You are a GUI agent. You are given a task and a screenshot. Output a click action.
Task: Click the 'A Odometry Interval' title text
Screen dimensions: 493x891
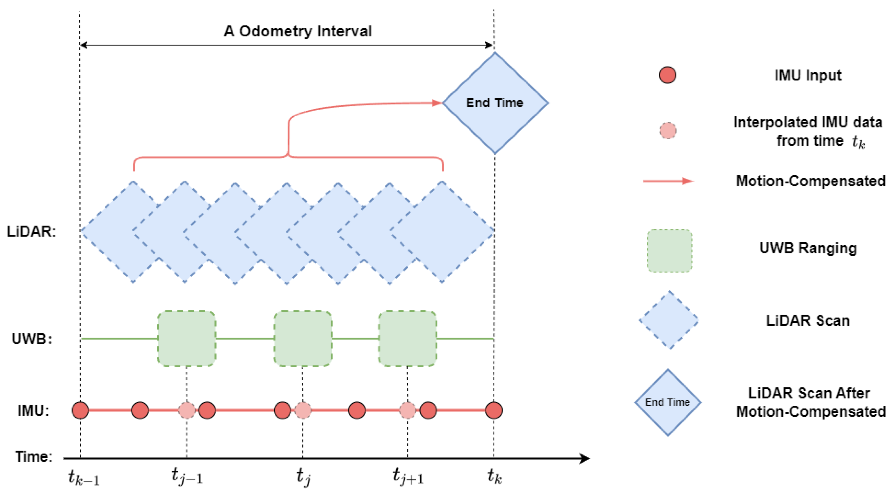[297, 31]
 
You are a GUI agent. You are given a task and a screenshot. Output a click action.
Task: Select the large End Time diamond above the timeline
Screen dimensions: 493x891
[495, 103]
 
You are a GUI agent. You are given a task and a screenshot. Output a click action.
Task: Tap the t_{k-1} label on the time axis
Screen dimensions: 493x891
[83, 477]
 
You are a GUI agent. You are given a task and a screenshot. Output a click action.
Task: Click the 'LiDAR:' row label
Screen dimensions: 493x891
[31, 231]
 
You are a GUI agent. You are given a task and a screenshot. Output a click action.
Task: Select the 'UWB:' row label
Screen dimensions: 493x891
[32, 339]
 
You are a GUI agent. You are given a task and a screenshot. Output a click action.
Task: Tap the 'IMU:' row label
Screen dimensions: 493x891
[33, 410]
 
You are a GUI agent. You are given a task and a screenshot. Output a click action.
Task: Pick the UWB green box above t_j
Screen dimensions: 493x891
[303, 338]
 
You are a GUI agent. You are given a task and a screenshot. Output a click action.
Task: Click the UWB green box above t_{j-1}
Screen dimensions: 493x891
[187, 338]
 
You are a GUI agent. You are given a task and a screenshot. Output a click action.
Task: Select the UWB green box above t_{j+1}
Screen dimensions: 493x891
[408, 338]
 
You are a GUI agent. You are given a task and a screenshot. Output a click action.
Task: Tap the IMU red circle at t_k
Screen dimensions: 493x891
[494, 410]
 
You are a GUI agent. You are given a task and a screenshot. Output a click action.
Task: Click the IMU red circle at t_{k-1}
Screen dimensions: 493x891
[80, 410]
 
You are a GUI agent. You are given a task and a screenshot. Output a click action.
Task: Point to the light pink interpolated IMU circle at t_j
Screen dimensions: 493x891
[303, 410]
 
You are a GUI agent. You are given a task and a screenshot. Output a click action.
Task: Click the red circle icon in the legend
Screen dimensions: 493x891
[667, 75]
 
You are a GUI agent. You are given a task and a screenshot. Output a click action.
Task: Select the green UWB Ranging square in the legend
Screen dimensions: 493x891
[669, 251]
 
